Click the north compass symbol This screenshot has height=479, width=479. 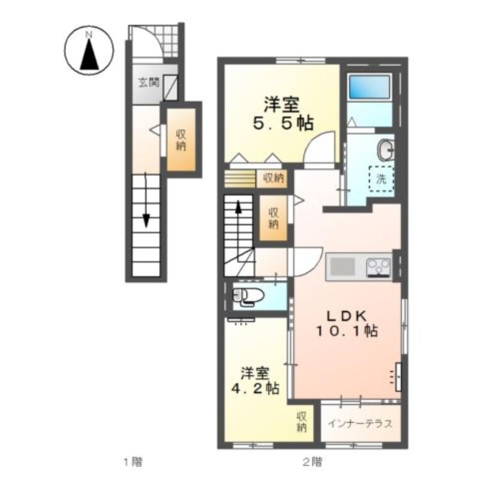click(89, 50)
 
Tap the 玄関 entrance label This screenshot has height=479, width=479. click(149, 82)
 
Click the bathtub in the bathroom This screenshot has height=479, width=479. click(370, 87)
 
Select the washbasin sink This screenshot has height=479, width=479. click(385, 150)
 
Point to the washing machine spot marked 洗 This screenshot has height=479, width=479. click(381, 178)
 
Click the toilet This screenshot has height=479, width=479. click(248, 296)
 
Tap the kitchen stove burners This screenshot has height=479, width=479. click(379, 267)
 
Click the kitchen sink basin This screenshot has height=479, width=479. click(343, 266)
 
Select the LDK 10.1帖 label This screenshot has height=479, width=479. click(347, 324)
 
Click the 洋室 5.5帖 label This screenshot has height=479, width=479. click(282, 114)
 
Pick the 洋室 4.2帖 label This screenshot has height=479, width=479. click(255, 380)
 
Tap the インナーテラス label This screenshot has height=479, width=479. click(360, 424)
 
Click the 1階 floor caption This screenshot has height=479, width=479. click(132, 461)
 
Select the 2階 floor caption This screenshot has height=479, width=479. click(312, 461)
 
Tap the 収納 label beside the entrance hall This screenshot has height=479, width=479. click(181, 141)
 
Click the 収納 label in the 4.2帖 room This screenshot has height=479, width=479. click(302, 422)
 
